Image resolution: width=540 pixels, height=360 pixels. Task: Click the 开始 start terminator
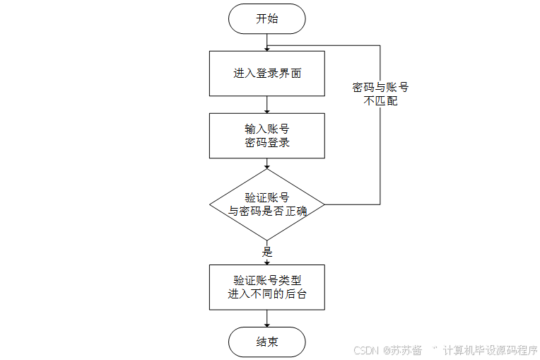click(267, 18)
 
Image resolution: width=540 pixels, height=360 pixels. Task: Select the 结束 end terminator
click(267, 342)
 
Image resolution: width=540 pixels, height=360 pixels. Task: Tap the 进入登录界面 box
click(267, 74)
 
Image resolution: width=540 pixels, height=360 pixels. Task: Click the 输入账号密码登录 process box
click(267, 136)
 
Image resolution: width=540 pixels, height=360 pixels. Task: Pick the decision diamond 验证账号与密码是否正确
click(267, 204)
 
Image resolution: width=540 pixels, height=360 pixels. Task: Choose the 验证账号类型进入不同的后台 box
click(267, 287)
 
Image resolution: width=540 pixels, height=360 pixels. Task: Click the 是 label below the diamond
click(267, 252)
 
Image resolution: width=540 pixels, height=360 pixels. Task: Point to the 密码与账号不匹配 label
click(380, 93)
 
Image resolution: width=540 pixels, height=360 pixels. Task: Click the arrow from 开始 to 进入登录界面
click(267, 42)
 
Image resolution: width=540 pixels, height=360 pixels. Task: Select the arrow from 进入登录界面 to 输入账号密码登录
click(267, 105)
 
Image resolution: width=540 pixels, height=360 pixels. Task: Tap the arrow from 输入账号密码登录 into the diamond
click(267, 163)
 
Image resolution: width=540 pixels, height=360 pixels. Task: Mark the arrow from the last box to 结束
click(267, 319)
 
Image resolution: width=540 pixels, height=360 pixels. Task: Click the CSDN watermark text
click(366, 350)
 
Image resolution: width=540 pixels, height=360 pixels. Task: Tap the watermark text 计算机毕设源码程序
click(491, 350)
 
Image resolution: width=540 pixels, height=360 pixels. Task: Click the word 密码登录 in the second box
click(267, 142)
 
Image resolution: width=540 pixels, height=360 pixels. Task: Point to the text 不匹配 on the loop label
click(380, 100)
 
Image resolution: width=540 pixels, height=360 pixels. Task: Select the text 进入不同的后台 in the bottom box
click(267, 294)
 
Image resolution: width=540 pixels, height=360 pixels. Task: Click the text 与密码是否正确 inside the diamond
click(267, 211)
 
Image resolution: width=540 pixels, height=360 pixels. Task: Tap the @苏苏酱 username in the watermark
click(402, 350)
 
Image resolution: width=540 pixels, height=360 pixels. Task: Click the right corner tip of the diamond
click(324, 204)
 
